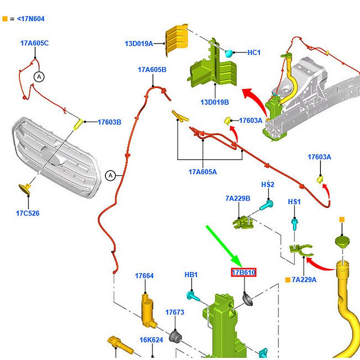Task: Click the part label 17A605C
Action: click(x=34, y=43)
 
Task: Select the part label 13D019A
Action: click(x=139, y=44)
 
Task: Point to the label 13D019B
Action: click(x=215, y=102)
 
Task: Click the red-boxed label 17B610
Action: click(x=243, y=273)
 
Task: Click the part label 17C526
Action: click(x=27, y=213)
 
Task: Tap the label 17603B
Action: click(x=109, y=122)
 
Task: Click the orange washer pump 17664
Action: click(x=147, y=310)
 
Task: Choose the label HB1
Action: click(x=191, y=274)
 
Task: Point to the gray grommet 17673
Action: click(x=175, y=336)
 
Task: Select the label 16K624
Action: click(x=151, y=340)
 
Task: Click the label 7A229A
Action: click(x=304, y=279)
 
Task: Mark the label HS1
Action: click(x=294, y=202)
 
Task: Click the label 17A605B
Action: click(x=152, y=70)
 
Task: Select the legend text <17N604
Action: click(x=31, y=19)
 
